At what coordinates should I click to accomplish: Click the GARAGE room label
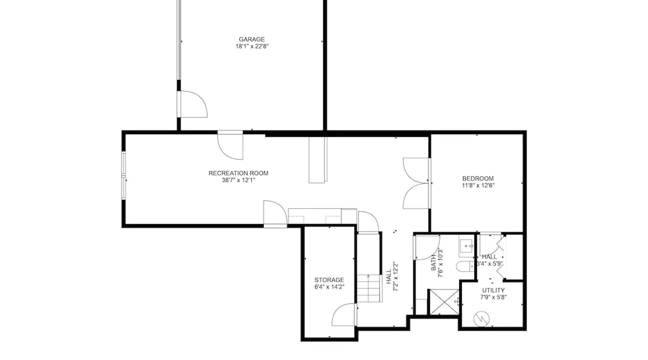(x=252, y=39)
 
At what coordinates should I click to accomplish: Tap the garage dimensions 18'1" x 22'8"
(x=252, y=46)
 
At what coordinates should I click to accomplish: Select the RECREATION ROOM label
(x=238, y=173)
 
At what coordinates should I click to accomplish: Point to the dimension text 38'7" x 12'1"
(x=238, y=180)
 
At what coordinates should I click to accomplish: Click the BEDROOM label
(x=478, y=179)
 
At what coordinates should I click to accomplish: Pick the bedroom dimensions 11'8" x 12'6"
(x=478, y=185)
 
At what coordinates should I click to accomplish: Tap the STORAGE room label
(x=329, y=280)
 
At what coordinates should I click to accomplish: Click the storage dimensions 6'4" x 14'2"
(x=329, y=287)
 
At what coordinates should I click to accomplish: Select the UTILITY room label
(x=493, y=290)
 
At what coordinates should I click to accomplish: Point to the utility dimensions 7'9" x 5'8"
(x=493, y=297)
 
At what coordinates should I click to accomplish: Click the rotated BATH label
(x=433, y=263)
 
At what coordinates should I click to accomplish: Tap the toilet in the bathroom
(x=465, y=267)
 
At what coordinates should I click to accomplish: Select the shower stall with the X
(x=444, y=302)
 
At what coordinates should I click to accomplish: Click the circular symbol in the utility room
(x=481, y=319)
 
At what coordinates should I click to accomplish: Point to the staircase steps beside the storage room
(x=369, y=288)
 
